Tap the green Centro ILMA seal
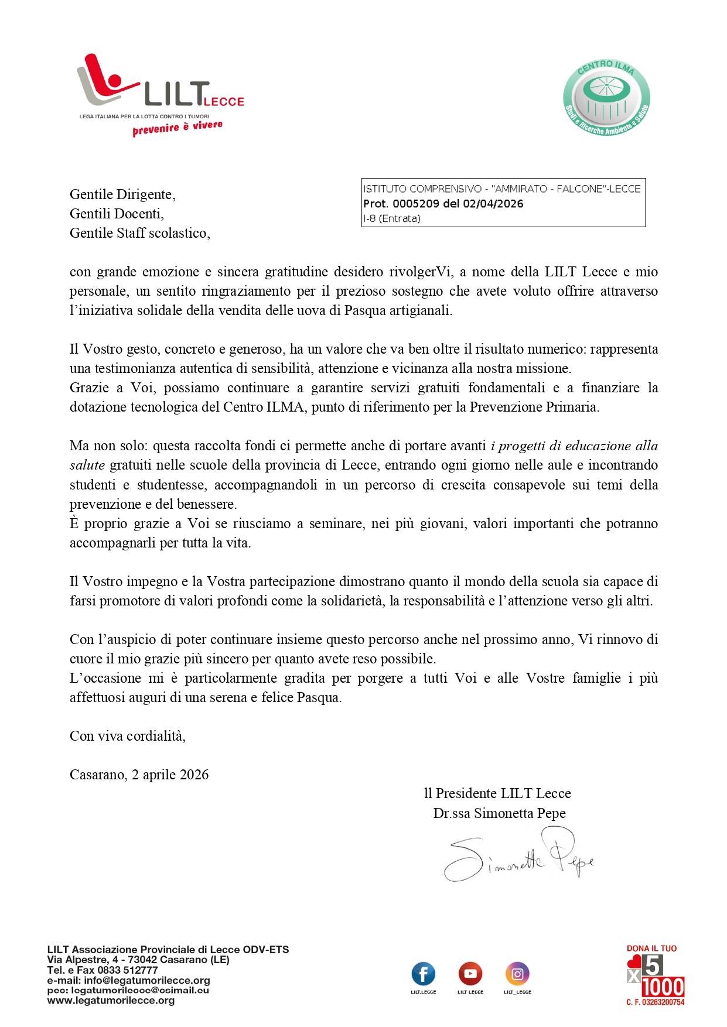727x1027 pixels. coord(606,98)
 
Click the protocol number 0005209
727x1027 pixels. coord(416,204)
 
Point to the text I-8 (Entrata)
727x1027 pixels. coord(392,219)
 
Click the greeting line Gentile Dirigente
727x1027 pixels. coord(122,194)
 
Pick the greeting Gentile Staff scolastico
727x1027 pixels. coord(139,233)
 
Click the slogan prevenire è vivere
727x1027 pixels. coord(178,127)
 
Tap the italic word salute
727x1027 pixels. coord(87,465)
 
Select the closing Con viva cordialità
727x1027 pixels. coord(128,736)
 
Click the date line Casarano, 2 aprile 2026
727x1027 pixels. coord(139,775)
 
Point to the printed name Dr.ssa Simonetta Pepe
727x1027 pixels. coord(499,813)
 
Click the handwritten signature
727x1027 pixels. coord(518,855)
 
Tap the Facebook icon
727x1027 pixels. coord(424,974)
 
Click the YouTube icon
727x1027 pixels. coord(470,974)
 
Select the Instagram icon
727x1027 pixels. coord(517,974)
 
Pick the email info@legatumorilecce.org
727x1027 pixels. coord(146,980)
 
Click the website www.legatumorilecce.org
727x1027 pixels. coord(111,1000)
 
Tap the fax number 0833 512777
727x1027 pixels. coord(127,970)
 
